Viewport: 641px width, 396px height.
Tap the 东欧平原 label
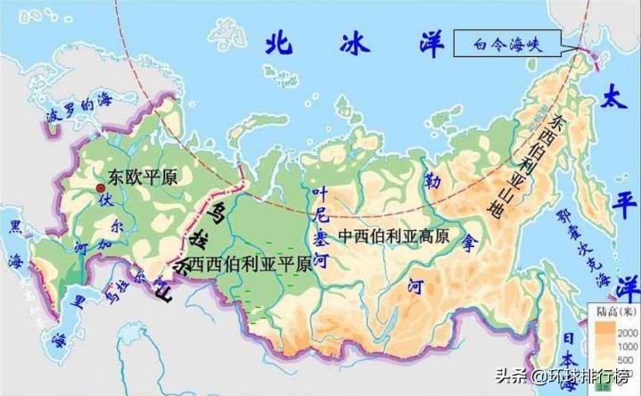point(142,177)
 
